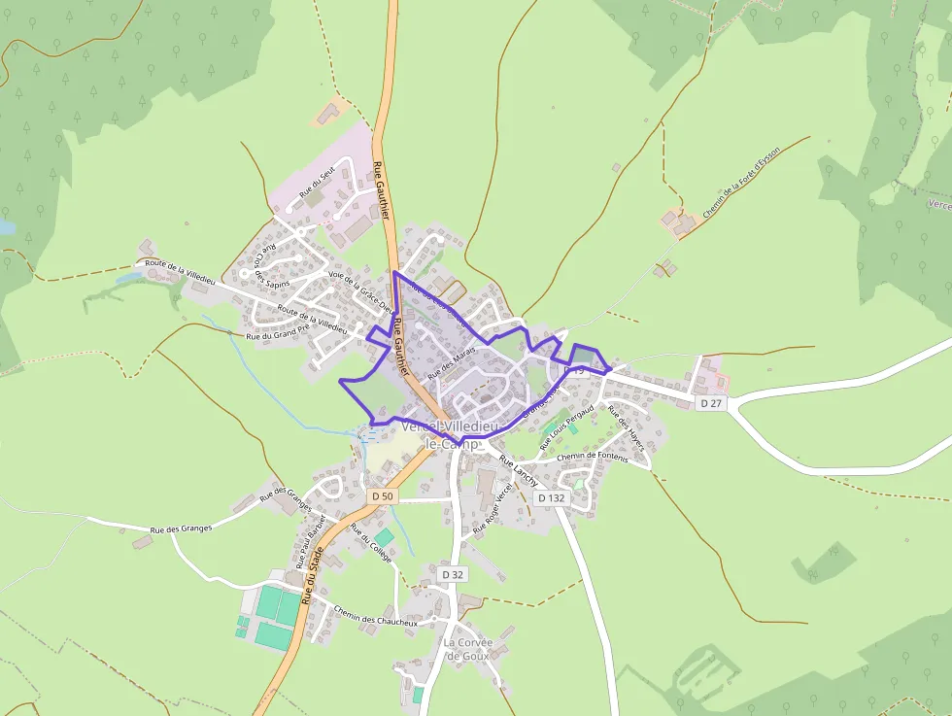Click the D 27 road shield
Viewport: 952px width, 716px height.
tap(712, 402)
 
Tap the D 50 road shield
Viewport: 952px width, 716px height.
tap(383, 496)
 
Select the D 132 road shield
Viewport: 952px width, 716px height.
tap(550, 498)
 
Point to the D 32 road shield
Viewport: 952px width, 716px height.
tap(453, 575)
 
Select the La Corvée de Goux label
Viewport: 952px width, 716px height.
tap(468, 649)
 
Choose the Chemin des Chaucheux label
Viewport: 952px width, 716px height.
tap(375, 616)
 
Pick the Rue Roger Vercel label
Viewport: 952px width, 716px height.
tap(492, 508)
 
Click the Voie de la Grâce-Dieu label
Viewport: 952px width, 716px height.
tap(360, 292)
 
